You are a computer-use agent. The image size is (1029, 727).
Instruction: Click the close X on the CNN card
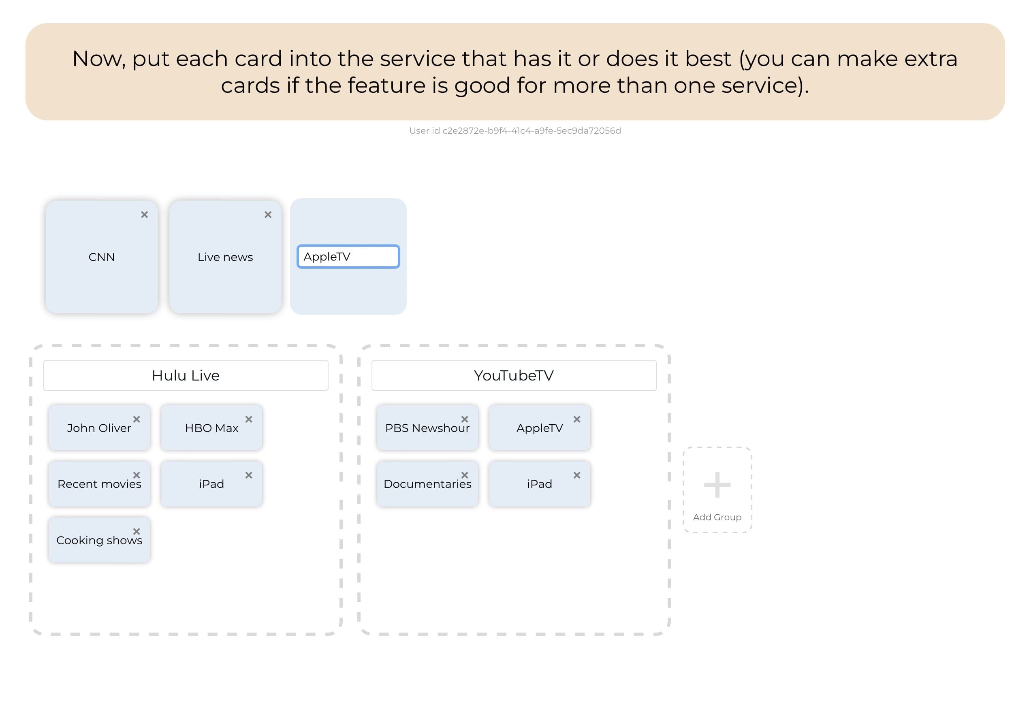(x=144, y=215)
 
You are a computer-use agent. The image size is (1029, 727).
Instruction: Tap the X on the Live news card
(x=268, y=215)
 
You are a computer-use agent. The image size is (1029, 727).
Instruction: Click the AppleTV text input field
(x=348, y=257)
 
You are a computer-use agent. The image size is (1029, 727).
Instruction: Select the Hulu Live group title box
(x=186, y=376)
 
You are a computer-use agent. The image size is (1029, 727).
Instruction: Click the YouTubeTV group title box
(x=514, y=376)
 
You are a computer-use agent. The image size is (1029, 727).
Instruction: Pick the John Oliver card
(x=99, y=428)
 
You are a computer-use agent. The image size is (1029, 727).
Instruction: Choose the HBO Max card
(x=211, y=428)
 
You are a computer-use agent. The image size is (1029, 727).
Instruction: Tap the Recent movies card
(x=99, y=485)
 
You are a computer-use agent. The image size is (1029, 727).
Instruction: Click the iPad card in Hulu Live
(x=211, y=485)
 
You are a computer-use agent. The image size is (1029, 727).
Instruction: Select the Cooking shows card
(x=99, y=541)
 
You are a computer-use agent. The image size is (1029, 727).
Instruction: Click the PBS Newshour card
(x=427, y=428)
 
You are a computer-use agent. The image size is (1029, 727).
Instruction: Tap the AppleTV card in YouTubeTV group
(x=539, y=428)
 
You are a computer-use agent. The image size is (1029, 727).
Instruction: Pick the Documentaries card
(x=427, y=485)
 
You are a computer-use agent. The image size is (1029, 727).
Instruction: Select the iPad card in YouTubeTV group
(x=539, y=485)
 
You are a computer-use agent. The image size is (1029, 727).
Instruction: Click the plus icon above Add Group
(x=717, y=485)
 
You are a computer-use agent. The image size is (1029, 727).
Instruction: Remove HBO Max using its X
(x=249, y=419)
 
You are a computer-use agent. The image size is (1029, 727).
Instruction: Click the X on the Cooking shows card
(x=137, y=531)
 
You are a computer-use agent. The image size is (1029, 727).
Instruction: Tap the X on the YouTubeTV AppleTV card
(x=577, y=419)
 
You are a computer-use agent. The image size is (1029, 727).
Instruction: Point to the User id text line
(x=514, y=131)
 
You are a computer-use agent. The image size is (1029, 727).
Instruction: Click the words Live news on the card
(x=225, y=257)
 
